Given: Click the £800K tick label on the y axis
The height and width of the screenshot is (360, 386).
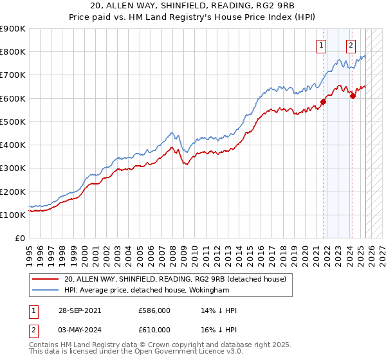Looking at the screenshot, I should [x=12, y=52].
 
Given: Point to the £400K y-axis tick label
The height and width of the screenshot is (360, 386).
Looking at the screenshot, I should [x=12, y=145].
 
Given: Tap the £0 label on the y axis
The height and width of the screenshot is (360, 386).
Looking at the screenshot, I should [x=20, y=239].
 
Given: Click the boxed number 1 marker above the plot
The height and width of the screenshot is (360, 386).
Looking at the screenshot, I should [x=321, y=45].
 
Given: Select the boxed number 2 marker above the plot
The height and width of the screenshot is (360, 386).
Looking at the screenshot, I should [x=351, y=45].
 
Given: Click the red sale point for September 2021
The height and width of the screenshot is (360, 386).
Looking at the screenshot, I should [x=324, y=102].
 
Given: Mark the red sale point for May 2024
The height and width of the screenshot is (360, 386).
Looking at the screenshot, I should [x=353, y=96].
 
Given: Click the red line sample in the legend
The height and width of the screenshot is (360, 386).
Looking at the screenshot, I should [x=46, y=278].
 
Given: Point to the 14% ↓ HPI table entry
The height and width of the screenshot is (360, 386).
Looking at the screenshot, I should [x=219, y=310].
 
